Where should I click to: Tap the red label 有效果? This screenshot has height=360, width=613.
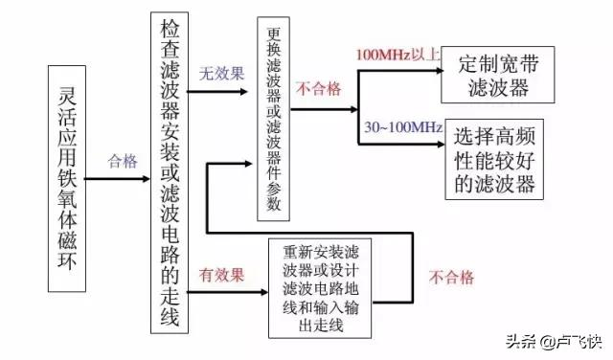[x=222, y=274]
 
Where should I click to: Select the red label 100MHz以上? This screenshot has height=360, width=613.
[x=396, y=53]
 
